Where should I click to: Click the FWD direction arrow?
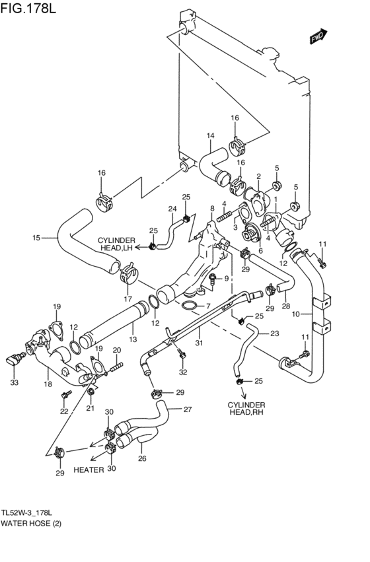click(x=318, y=36)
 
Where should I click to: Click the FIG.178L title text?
click(x=28, y=8)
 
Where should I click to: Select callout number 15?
click(x=36, y=238)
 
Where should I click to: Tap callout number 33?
click(x=14, y=383)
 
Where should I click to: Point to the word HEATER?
click(x=89, y=470)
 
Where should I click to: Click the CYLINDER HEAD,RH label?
click(x=246, y=409)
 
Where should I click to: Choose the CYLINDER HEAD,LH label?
click(x=117, y=244)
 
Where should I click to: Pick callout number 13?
click(x=133, y=339)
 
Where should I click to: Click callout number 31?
click(x=199, y=343)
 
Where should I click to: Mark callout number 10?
click(x=295, y=314)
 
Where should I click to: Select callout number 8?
click(x=212, y=208)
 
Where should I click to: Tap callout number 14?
click(x=211, y=135)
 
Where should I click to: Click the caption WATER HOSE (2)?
click(x=31, y=524)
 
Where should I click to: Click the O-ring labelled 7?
click(x=190, y=306)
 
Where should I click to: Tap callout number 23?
click(x=274, y=334)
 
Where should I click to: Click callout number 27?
click(x=188, y=409)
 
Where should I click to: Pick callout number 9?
click(x=226, y=279)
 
